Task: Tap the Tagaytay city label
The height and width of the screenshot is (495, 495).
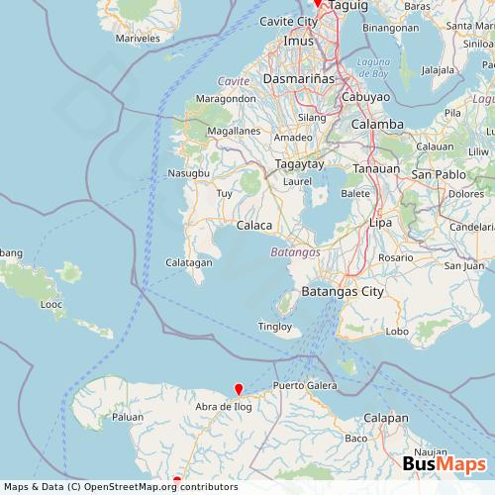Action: tap(299, 163)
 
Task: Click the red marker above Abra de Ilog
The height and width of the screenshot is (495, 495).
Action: tap(238, 389)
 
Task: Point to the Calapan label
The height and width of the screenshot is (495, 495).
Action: tap(386, 418)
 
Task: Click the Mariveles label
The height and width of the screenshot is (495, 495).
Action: tap(138, 38)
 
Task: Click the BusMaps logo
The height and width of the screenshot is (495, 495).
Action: tap(444, 462)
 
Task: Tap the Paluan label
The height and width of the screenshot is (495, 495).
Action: tap(128, 418)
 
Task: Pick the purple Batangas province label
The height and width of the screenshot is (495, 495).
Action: tap(294, 253)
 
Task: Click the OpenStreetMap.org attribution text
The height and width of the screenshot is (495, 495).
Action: tap(115, 487)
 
